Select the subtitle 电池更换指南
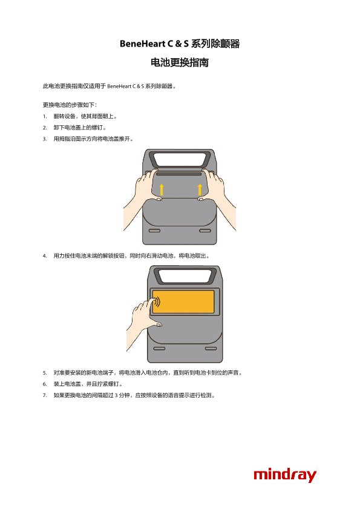(180, 62)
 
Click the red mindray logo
(284, 475)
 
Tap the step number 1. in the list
(45, 116)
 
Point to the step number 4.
(45, 256)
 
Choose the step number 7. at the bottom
(45, 395)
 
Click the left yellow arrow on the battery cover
(162, 189)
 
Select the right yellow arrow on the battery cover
(200, 189)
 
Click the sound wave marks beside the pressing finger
(157, 301)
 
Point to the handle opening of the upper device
(180, 159)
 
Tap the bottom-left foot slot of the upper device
(154, 231)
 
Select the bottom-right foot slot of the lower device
(211, 349)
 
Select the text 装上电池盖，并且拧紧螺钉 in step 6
(88, 384)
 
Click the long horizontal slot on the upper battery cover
(180, 174)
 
